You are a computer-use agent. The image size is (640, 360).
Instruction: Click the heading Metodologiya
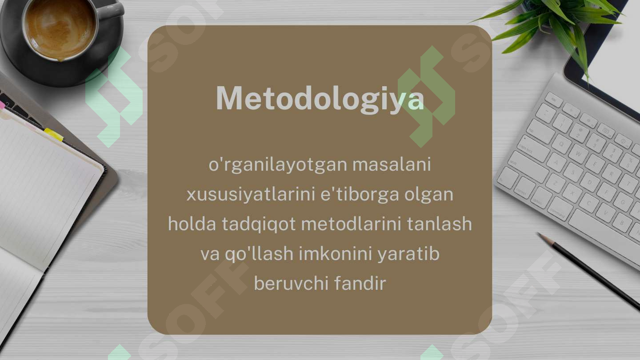[320, 99]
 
